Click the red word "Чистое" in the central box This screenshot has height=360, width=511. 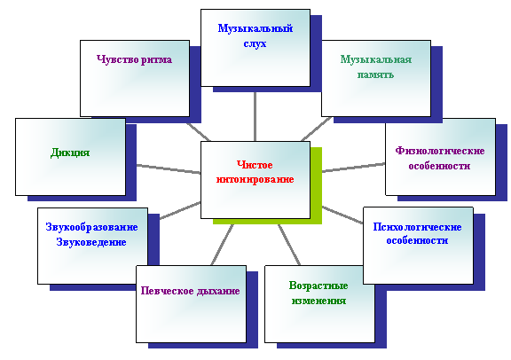[x=255, y=165]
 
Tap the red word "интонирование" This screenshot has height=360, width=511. [x=255, y=179]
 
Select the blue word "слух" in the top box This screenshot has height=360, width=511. [x=255, y=43]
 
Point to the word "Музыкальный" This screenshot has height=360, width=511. [x=255, y=28]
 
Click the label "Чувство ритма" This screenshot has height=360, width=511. [x=134, y=59]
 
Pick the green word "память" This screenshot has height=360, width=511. [x=376, y=74]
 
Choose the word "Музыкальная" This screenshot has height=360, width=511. [x=376, y=59]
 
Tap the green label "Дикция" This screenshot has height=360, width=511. [x=70, y=153]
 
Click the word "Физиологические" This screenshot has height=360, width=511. [x=440, y=151]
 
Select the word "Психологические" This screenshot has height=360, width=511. [x=417, y=227]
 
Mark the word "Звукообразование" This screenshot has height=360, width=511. [x=92, y=227]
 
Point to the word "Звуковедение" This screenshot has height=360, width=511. [x=91, y=242]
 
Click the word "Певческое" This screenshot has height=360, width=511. [x=162, y=291]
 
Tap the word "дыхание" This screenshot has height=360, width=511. [x=214, y=291]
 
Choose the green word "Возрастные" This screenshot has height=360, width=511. [x=318, y=286]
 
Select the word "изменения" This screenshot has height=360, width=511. [x=318, y=301]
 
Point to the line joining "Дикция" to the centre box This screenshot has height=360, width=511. [x=169, y=169]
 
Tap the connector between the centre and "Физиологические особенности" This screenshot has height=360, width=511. [x=354, y=168]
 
